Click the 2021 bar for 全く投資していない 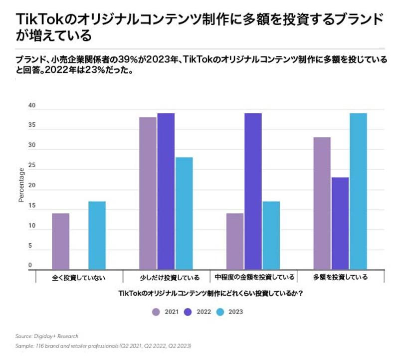click(x=60, y=241)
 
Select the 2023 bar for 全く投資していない click(x=97, y=235)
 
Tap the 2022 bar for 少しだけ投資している click(x=166, y=191)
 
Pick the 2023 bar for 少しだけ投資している click(x=184, y=213)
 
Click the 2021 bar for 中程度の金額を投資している click(x=235, y=241)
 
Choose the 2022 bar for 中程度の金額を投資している click(x=253, y=191)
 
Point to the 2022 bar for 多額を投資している click(x=340, y=223)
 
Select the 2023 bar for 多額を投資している click(x=358, y=191)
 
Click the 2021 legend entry click(x=167, y=312)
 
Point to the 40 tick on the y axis click(x=32, y=106)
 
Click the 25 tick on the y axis click(x=32, y=166)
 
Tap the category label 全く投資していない click(x=79, y=277)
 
